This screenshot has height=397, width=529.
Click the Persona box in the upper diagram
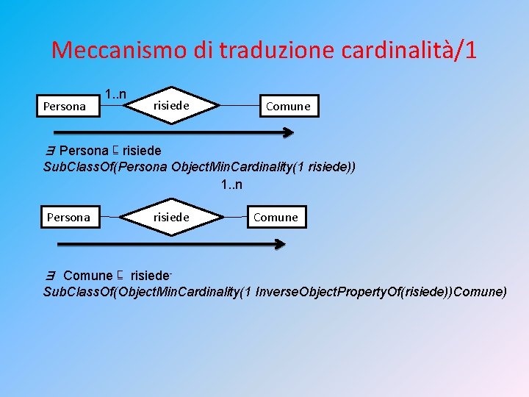pos(64,107)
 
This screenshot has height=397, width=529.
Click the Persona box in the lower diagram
pos(68,217)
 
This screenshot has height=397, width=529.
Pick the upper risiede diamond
pos(170,106)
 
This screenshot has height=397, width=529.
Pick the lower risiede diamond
pos(170,217)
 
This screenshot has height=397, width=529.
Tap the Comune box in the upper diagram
pos(288,107)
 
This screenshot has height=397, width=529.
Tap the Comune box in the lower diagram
pos(276,217)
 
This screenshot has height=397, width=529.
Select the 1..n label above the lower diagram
pos(232,184)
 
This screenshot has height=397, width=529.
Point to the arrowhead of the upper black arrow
pos(289,133)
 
